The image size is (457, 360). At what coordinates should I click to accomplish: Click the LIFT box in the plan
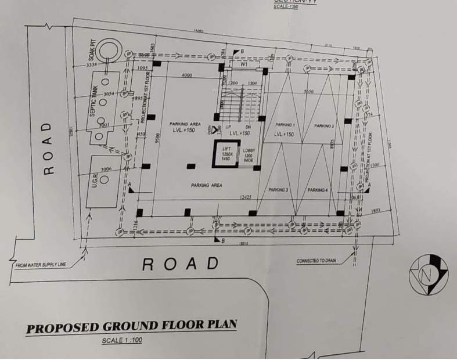point(224,154)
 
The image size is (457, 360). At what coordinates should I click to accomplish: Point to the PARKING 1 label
point(285,125)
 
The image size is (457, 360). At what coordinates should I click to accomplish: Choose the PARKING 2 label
point(324,126)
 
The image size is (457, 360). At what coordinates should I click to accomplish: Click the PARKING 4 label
point(318,190)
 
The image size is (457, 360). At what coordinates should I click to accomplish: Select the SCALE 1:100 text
point(121,340)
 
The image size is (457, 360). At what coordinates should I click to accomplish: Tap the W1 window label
point(244,66)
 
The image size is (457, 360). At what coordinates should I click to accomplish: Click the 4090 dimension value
point(186,75)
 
